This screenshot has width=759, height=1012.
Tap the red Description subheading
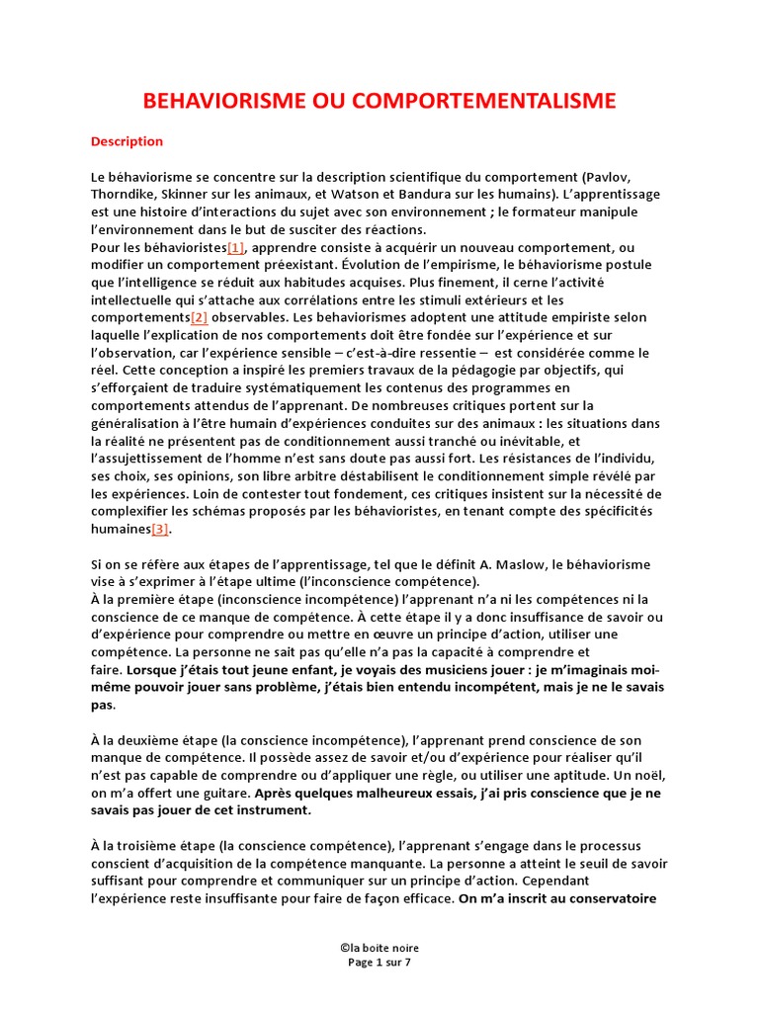pyautogui.click(x=126, y=141)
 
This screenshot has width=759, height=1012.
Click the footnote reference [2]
pyautogui.click(x=199, y=317)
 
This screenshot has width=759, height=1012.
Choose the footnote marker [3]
pyautogui.click(x=161, y=529)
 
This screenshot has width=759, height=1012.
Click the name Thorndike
pyautogui.click(x=125, y=195)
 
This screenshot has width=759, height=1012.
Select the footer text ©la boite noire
pyautogui.click(x=379, y=948)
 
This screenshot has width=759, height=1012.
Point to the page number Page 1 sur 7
pyautogui.click(x=379, y=962)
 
